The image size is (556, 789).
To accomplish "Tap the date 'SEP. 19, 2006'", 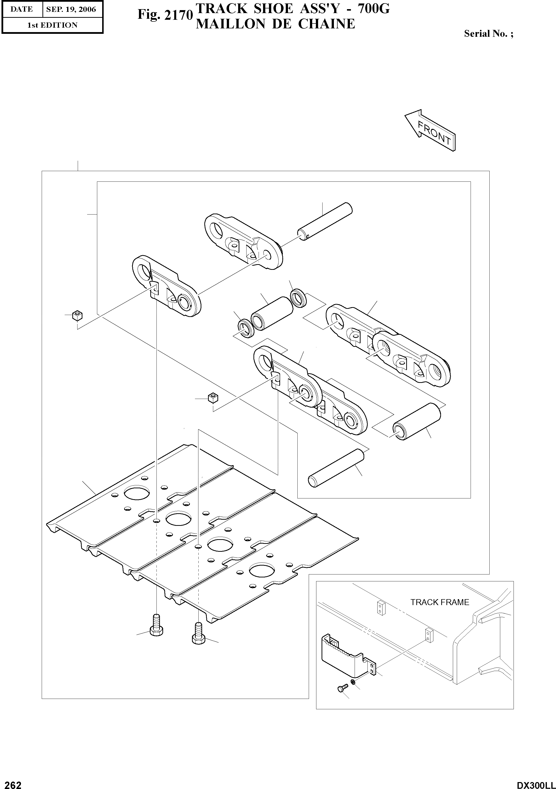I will [x=71, y=9].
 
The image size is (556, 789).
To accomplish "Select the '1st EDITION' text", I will [x=52, y=25].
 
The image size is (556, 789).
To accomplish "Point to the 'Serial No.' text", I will [x=488, y=33].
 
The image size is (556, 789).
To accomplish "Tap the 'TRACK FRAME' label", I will [x=440, y=602].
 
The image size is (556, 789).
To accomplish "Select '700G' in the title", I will [x=374, y=9].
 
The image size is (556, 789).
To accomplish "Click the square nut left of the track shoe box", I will [x=78, y=315].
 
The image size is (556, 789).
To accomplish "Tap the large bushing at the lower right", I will [x=417, y=421].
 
